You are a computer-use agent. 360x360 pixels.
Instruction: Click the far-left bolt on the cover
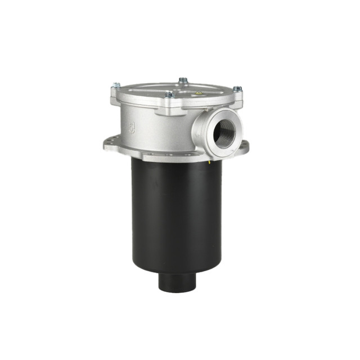coord(116,85)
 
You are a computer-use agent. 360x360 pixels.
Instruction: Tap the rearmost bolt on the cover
coord(183,81)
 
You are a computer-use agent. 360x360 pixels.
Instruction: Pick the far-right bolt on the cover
coord(237,89)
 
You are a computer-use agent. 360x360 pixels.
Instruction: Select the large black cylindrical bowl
coord(176,214)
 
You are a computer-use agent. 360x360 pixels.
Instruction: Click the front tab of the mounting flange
coord(169,155)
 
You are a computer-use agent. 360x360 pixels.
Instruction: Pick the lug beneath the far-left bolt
coord(116,97)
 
